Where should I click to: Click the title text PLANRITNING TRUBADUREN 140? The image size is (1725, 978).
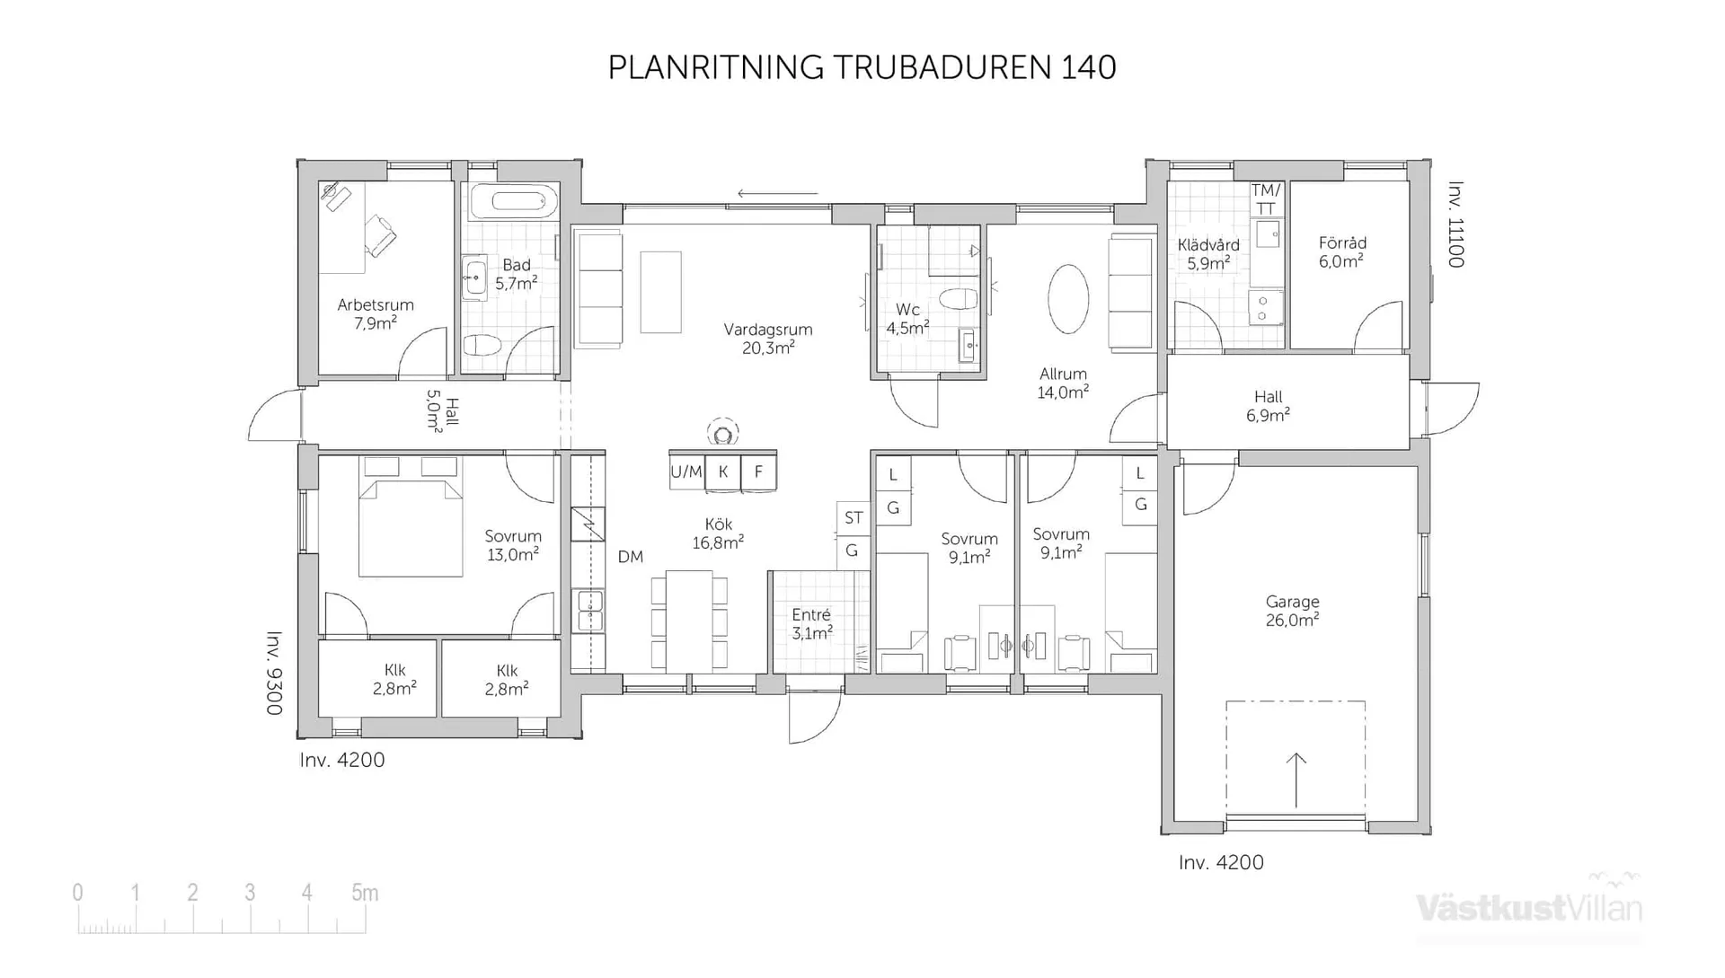coord(862,67)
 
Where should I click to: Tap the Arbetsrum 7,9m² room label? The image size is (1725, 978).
coord(376,313)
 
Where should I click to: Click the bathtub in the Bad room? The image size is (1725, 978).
coord(508,200)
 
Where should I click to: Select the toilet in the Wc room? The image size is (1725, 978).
coord(957,299)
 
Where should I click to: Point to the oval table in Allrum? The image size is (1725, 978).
coord(1068,299)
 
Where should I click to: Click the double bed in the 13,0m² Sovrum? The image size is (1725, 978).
coord(411,528)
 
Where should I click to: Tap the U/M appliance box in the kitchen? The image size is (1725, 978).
coord(686,471)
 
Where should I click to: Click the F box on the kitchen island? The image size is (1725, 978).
coord(758,471)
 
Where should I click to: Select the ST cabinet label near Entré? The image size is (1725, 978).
coord(854,518)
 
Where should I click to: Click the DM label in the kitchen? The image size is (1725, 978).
coord(631,557)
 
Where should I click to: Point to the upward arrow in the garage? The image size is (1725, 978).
coord(1296,780)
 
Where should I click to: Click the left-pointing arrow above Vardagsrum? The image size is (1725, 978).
coord(777,193)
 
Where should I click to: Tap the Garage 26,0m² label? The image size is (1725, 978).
coord(1292,611)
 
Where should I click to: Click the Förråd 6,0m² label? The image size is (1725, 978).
coord(1342,252)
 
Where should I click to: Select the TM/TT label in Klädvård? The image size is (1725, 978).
coord(1265,198)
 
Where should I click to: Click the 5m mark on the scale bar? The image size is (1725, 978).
coord(365,893)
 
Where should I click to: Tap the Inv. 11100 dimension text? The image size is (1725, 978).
coord(1455,225)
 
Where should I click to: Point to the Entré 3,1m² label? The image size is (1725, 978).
coord(811,623)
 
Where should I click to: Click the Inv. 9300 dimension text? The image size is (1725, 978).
coord(275,674)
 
